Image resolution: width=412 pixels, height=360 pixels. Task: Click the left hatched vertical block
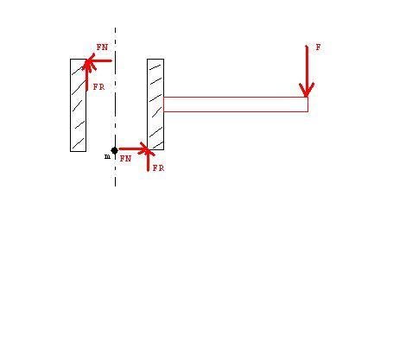pyautogui.click(x=79, y=105)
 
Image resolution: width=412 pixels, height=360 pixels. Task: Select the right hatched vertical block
pyautogui.click(x=155, y=104)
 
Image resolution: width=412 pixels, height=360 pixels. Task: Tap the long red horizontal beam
pyautogui.click(x=236, y=104)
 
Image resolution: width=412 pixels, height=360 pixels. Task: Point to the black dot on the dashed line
pyautogui.click(x=114, y=150)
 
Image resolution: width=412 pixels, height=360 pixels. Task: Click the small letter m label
pyautogui.click(x=107, y=156)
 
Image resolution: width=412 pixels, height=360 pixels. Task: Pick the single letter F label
pyautogui.click(x=318, y=47)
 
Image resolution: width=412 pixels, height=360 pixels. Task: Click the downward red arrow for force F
pyautogui.click(x=307, y=71)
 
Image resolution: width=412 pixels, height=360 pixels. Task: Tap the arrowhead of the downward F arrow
pyautogui.click(x=307, y=97)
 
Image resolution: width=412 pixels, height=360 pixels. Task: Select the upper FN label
pyautogui.click(x=102, y=47)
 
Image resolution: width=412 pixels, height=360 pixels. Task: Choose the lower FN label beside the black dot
pyautogui.click(x=125, y=158)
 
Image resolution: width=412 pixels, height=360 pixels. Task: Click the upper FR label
pyautogui.click(x=98, y=86)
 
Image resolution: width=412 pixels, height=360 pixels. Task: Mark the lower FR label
pyautogui.click(x=158, y=168)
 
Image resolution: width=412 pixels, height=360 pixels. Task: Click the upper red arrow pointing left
pyautogui.click(x=98, y=60)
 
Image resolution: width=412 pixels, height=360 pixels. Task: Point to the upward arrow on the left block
pyautogui.click(x=87, y=75)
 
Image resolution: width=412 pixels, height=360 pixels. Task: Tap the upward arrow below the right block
pyautogui.click(x=148, y=160)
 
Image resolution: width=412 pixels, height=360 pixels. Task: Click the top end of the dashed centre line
pyautogui.click(x=115, y=28)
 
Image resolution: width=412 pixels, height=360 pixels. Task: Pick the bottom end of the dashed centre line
pyautogui.click(x=115, y=186)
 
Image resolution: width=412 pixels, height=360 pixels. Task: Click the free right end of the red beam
pyautogui.click(x=308, y=104)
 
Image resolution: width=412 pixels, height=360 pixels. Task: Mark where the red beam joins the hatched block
pyautogui.click(x=163, y=104)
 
